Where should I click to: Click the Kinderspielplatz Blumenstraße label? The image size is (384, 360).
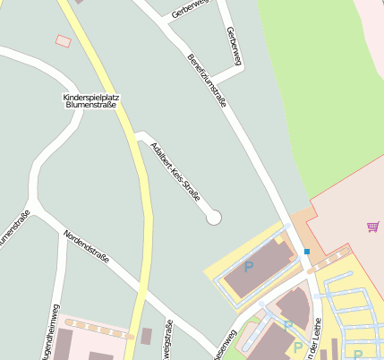click(92, 100)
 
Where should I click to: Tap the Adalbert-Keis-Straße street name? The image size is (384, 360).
click(175, 171)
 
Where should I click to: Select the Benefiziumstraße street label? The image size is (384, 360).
click(207, 80)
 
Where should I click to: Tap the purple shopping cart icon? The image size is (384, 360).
click(372, 227)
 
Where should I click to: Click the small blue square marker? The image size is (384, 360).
click(307, 252)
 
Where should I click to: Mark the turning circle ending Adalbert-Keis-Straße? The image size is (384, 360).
click(213, 217)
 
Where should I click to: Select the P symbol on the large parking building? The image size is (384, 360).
click(249, 266)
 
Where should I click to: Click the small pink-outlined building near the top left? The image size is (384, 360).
click(63, 41)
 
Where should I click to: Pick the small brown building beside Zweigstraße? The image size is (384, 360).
click(147, 336)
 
